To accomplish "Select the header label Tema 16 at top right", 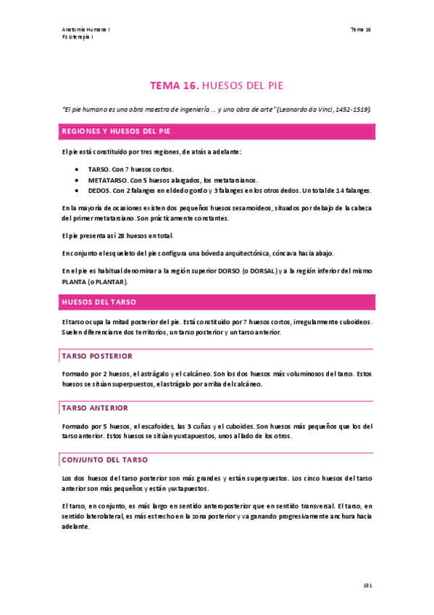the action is [x=361, y=30].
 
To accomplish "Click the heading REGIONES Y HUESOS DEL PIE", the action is [x=117, y=132].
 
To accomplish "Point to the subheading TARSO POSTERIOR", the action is [x=97, y=356].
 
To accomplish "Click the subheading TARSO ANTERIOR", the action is [x=95, y=408].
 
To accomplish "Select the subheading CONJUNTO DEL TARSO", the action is [x=105, y=459].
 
